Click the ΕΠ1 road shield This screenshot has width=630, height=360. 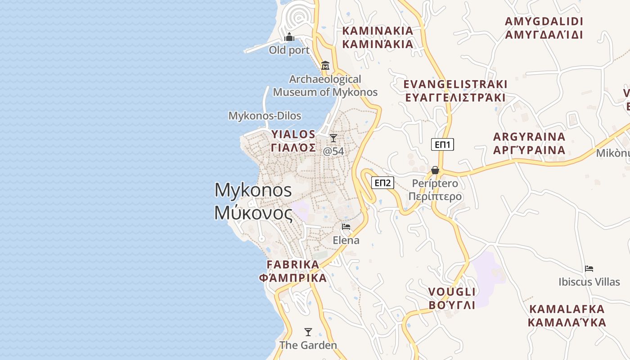tap(443, 144)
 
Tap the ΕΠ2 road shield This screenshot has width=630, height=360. tap(382, 183)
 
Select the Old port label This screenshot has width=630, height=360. tap(289, 50)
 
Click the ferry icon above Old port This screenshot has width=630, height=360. tap(289, 36)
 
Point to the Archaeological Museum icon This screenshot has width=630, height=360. tap(325, 66)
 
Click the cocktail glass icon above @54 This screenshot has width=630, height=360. tap(333, 138)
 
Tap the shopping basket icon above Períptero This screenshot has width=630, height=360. tap(435, 170)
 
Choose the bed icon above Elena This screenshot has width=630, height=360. tap(346, 226)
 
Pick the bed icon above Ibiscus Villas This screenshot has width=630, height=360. tap(589, 269)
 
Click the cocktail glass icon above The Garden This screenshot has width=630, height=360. tap(308, 332)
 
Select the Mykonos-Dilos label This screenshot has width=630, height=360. tap(265, 116)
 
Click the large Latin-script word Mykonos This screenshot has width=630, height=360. tap(253, 190)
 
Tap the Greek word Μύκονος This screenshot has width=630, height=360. tap(253, 212)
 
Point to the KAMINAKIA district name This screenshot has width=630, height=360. tap(378, 31)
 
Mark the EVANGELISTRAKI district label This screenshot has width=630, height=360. tap(455, 84)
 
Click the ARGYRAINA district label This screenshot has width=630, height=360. tap(529, 137)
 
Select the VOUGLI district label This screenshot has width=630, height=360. tap(452, 292)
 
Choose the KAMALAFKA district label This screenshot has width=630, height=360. tap(567, 309)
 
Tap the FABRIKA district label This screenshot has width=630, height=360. tap(293, 264)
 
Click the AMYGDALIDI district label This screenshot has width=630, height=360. tap(544, 22)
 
